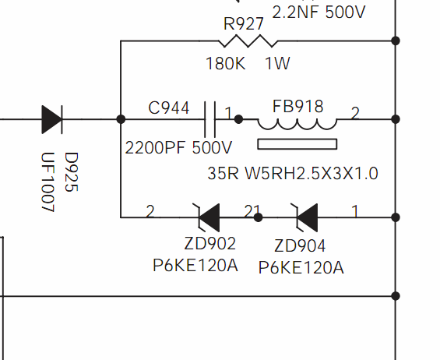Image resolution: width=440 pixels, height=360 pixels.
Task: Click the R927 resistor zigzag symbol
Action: (x=248, y=41)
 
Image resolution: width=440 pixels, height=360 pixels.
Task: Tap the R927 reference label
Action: (x=244, y=24)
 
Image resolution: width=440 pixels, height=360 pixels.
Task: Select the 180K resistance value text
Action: (x=226, y=63)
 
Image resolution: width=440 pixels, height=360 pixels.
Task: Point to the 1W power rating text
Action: (x=277, y=63)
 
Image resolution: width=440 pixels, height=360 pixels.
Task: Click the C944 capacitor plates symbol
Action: (x=210, y=119)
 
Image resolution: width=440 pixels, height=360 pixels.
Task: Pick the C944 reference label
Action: (x=169, y=108)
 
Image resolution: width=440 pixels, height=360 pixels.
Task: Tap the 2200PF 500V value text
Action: (x=178, y=148)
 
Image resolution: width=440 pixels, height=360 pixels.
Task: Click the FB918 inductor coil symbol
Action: (x=297, y=124)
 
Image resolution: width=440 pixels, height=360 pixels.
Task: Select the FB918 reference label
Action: (x=297, y=107)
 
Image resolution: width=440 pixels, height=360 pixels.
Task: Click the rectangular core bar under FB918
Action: (x=297, y=144)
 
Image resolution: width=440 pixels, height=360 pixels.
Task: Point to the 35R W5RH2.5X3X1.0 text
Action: (x=293, y=173)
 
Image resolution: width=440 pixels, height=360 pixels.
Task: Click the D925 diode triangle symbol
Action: (x=52, y=119)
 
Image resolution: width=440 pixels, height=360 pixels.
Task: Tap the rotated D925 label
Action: (x=72, y=172)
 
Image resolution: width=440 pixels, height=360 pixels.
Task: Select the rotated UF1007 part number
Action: (x=48, y=182)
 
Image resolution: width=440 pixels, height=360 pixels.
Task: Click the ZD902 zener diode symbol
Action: (x=208, y=217)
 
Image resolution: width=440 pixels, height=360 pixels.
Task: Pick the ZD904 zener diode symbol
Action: (x=306, y=217)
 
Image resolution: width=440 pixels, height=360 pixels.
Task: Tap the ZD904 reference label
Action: (x=300, y=246)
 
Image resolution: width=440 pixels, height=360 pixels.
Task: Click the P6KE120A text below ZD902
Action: (x=195, y=266)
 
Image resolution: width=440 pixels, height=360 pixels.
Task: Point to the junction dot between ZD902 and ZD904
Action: (x=259, y=217)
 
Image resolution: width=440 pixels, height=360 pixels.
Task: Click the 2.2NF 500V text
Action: (x=319, y=12)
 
